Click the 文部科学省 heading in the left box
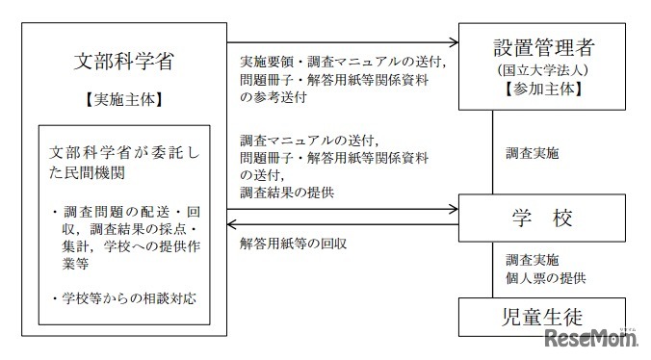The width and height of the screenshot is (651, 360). pos(124,61)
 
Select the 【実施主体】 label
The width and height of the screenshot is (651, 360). pos(124,99)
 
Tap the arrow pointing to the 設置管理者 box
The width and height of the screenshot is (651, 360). pos(454,44)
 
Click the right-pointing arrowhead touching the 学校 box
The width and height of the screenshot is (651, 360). pos(454,207)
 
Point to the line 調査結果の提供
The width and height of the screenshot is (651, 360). pos(287,192)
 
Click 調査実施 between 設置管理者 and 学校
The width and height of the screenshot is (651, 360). pos(532,152)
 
